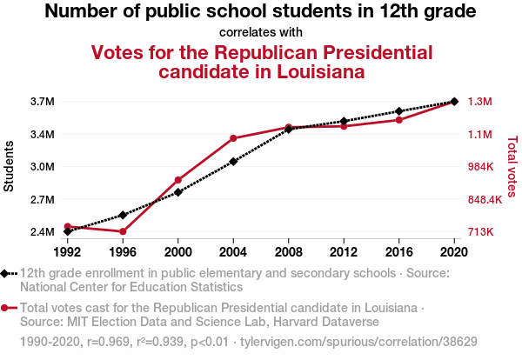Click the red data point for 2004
click(233, 138)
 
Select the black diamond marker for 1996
click(123, 215)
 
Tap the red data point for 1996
click(123, 231)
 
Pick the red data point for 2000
click(178, 180)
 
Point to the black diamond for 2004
click(233, 161)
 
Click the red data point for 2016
click(398, 119)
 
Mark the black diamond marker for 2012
click(344, 121)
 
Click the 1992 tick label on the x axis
click(67, 252)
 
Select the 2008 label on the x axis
click(288, 252)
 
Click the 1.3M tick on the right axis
click(480, 102)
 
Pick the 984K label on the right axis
click(481, 167)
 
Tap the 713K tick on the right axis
click(481, 232)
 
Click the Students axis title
click(10, 167)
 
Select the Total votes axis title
click(512, 167)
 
